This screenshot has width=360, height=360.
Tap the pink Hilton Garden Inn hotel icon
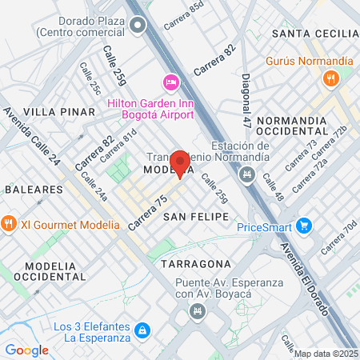click(x=170, y=82)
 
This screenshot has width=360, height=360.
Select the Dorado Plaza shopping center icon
click(x=138, y=26)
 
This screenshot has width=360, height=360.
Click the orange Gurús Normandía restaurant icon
click(x=331, y=78)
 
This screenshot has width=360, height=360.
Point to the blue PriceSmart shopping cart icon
click(x=303, y=226)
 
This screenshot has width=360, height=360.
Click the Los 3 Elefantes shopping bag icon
click(x=142, y=330)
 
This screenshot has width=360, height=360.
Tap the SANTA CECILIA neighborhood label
click(x=314, y=33)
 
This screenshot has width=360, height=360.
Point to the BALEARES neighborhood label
click(x=34, y=190)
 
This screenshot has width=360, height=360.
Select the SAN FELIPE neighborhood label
click(x=196, y=217)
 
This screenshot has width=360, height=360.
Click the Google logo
click(x=26, y=350)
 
